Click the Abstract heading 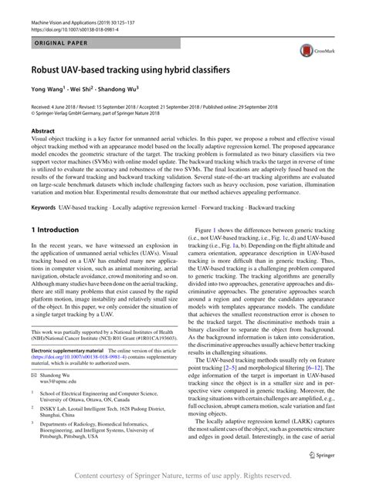click(x=43, y=131)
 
